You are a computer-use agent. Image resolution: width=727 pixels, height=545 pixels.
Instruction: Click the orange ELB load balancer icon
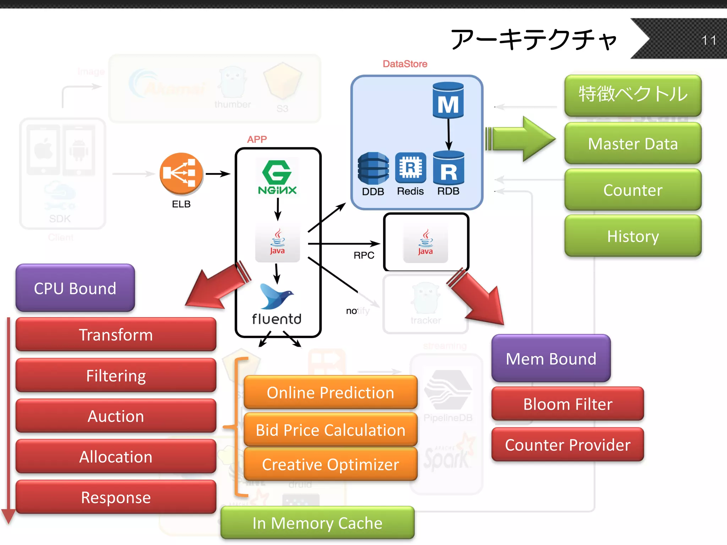coord(181,174)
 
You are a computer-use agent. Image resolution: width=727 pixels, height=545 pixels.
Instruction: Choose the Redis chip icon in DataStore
coord(410,167)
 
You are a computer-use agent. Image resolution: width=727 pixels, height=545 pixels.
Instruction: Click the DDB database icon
coord(373,168)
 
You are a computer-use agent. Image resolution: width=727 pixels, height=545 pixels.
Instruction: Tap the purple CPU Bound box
coord(75,288)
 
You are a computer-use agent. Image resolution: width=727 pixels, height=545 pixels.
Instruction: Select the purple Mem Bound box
coord(551,358)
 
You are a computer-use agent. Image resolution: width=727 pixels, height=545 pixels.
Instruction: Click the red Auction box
coord(116,416)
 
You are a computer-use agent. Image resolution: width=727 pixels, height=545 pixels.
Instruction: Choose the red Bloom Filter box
coord(567,404)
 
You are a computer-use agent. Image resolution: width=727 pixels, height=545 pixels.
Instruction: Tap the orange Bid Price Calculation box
coord(330,430)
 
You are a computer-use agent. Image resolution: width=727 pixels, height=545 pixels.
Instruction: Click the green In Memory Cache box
coord(317,523)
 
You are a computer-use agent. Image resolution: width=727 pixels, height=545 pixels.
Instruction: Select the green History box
coord(633,236)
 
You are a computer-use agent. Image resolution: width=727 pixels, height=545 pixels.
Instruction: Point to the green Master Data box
coord(633,143)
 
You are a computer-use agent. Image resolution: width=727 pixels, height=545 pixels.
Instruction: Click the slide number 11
coord(709,40)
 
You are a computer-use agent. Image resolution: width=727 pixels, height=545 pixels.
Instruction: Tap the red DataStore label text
coord(405,64)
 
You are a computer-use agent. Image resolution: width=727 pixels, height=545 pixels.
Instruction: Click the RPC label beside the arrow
coord(364,255)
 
